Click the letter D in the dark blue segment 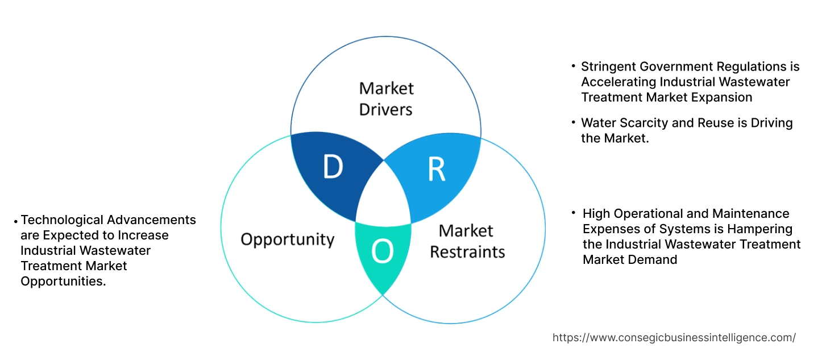333,166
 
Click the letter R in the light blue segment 436,169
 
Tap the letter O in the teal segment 382,251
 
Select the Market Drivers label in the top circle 386,98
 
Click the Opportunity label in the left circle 288,239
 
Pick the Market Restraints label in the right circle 467,241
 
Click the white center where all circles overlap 384,196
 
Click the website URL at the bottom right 674,337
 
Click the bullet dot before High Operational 574,212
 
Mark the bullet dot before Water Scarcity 574,122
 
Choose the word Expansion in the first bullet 721,97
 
